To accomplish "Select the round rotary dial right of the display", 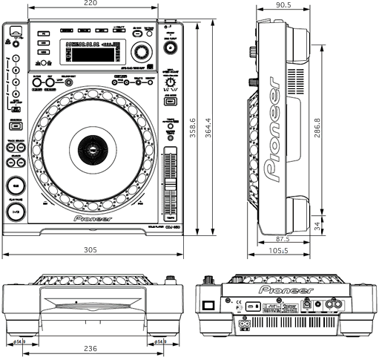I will (141, 51).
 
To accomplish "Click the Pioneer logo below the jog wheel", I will (93, 220).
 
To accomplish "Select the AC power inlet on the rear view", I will (245, 324).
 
